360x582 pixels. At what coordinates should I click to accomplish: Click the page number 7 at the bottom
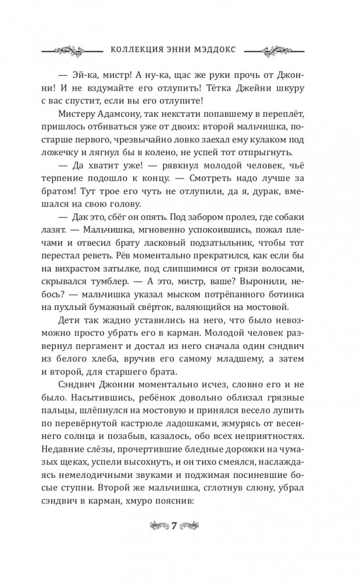coord(180,526)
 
